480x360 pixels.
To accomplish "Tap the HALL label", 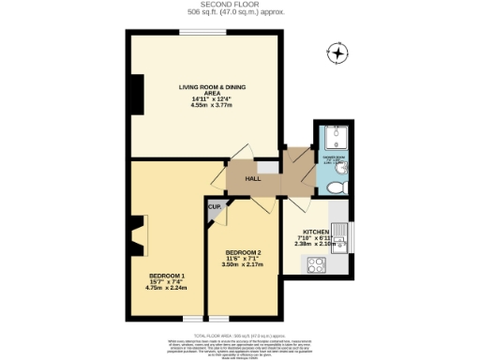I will [x=252, y=178].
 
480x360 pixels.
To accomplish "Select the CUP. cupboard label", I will [x=214, y=205].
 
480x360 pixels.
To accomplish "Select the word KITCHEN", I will [x=315, y=232].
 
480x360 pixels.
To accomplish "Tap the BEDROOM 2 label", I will [x=243, y=252].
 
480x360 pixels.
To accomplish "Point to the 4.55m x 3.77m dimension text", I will [x=204, y=106].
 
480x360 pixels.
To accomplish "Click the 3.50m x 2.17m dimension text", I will [x=243, y=265].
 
